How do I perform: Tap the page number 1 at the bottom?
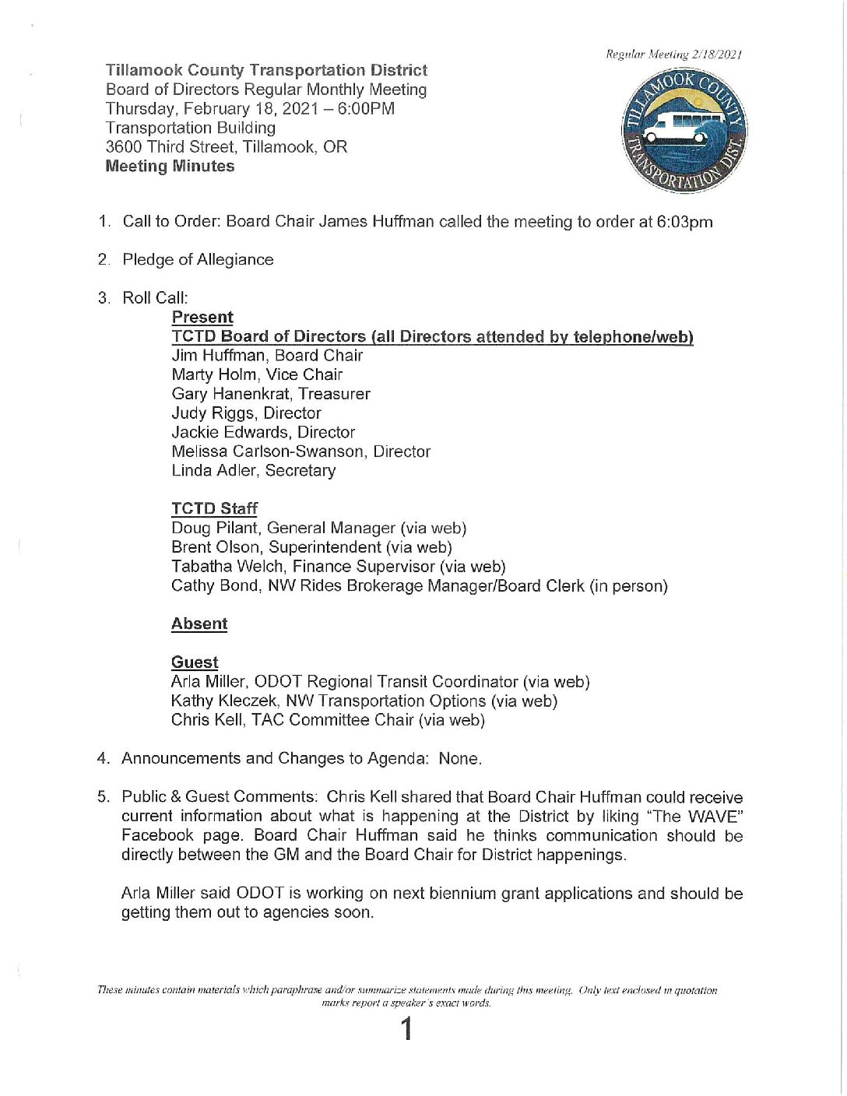(406, 1031)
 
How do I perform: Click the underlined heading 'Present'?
(202, 318)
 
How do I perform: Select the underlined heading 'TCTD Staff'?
(214, 509)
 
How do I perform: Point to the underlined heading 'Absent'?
(199, 624)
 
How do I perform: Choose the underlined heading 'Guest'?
(195, 662)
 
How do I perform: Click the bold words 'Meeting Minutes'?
(170, 167)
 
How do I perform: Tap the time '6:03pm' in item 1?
(684, 222)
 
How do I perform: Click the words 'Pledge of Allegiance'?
(198, 260)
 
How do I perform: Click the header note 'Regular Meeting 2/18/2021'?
(673, 54)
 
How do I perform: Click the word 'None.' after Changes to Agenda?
(460, 759)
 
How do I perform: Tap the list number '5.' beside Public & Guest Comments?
(104, 797)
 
